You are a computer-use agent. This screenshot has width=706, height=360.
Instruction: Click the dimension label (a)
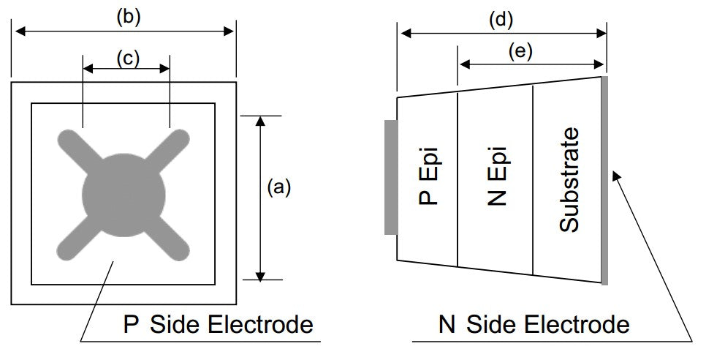click(x=278, y=188)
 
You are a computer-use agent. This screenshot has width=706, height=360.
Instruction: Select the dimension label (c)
click(x=127, y=58)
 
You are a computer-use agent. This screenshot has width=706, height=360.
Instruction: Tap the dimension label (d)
click(x=501, y=20)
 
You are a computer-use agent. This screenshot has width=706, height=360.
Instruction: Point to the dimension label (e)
click(x=520, y=51)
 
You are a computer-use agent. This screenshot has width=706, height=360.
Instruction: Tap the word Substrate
click(x=569, y=179)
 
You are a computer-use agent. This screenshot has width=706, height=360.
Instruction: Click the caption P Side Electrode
click(x=219, y=324)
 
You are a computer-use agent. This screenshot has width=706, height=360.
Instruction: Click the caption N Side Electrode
click(x=534, y=324)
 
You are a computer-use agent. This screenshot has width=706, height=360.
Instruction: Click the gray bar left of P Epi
click(x=390, y=178)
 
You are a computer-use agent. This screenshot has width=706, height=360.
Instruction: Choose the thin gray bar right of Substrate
click(x=604, y=180)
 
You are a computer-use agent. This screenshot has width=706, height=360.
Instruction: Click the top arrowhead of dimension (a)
click(x=259, y=120)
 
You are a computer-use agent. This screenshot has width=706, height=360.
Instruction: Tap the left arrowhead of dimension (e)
click(x=462, y=64)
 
